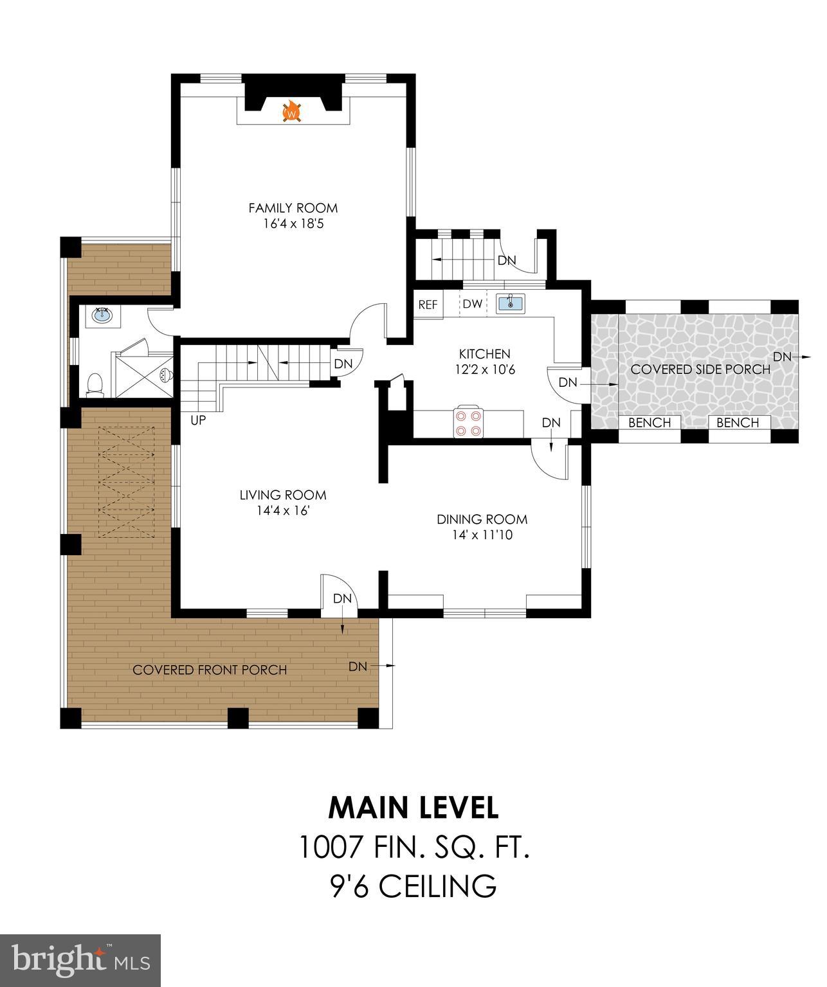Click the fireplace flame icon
click(x=293, y=112)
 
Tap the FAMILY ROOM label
click(x=293, y=208)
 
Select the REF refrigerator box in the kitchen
click(x=428, y=305)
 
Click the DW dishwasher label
click(x=473, y=305)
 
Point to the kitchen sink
click(x=511, y=303)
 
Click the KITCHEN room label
click(x=484, y=354)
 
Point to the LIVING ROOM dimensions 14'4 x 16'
click(x=282, y=511)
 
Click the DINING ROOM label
click(x=482, y=519)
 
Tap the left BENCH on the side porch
click(x=649, y=423)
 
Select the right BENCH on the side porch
click(x=738, y=423)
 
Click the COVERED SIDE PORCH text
click(x=700, y=369)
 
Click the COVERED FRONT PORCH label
click(x=210, y=670)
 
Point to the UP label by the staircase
click(x=197, y=420)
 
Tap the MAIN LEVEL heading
click(x=413, y=808)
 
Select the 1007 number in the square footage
click(x=329, y=848)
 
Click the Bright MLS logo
click(x=80, y=961)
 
